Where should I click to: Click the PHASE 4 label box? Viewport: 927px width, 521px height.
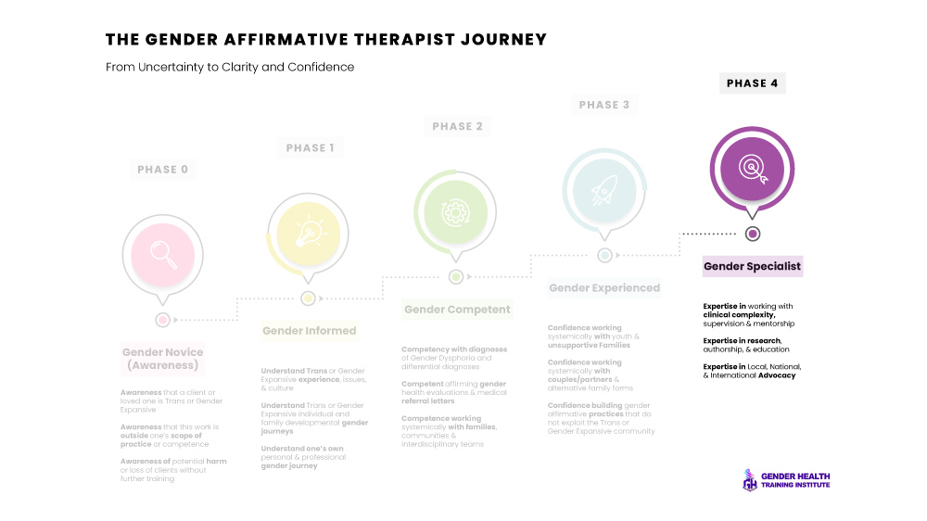[753, 83]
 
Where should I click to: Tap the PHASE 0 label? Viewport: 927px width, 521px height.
[163, 170]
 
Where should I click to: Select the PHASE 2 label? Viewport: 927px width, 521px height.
[457, 127]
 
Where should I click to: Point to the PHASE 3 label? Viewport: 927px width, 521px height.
[604, 105]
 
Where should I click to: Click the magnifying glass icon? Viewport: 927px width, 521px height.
[163, 253]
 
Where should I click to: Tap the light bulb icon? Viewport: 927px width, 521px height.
[308, 231]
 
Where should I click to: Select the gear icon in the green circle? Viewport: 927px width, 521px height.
[455, 210]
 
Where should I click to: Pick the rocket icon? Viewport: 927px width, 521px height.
[603, 188]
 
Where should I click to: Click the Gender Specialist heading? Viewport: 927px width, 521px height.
[752, 267]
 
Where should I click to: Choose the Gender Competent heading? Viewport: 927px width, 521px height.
[457, 310]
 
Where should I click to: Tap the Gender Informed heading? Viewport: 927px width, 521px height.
[309, 330]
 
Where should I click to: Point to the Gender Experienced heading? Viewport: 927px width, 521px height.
[604, 288]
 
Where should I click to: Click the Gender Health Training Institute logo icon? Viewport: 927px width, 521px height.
[750, 480]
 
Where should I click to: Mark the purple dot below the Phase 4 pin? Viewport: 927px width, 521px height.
[753, 234]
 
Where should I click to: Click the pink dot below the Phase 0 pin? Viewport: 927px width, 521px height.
[163, 320]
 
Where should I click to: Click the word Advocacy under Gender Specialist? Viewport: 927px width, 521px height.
[778, 375]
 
